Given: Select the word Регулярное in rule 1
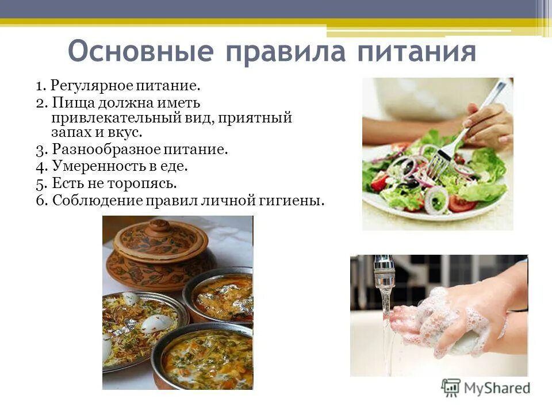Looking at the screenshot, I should coord(91,86).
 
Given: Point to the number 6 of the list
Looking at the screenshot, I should coord(40,201).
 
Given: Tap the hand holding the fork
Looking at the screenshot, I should coord(489,124).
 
